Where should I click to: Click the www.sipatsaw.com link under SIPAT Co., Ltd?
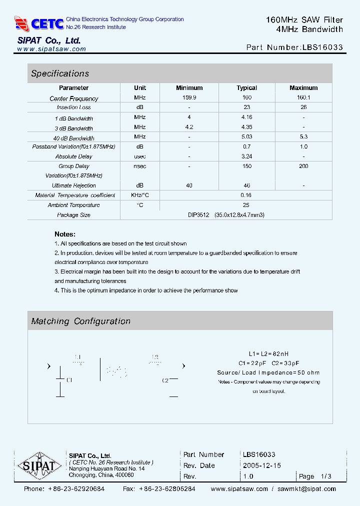pos(51,49)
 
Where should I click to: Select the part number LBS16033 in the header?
pos(322,48)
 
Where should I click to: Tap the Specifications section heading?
pos(60,73)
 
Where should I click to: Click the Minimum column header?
pos(189,88)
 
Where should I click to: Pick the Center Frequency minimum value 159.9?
pos(189,98)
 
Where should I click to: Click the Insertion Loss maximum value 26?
pos(303,107)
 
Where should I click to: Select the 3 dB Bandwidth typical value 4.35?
pos(246,127)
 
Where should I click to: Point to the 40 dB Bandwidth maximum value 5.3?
pos(303,137)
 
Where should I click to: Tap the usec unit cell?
pos(140,156)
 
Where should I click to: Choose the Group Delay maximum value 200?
pos(303,166)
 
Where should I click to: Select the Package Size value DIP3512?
pos(198,215)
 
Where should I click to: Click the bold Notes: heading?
pos(65,234)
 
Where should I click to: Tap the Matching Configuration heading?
pos(80,321)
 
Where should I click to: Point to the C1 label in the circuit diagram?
pos(69,380)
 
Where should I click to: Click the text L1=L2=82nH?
pos(269,353)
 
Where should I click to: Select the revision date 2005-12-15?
pos(262,465)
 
